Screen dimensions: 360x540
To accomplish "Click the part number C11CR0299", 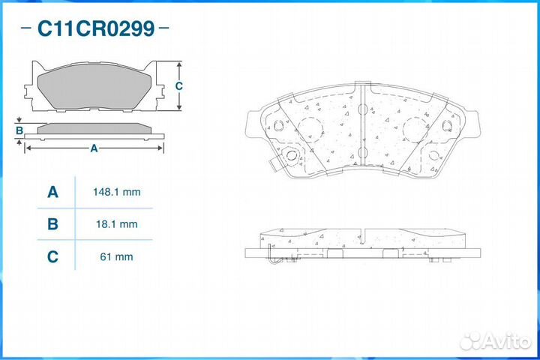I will (x=96, y=29).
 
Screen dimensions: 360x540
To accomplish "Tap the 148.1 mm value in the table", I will (x=115, y=192).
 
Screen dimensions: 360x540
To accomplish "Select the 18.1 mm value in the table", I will (x=115, y=223).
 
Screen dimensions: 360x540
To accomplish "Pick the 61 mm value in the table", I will (x=115, y=256).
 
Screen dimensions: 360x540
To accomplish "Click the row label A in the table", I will (x=52, y=192).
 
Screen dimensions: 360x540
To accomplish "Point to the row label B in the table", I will (x=52, y=223).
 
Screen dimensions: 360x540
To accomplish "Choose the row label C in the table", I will (x=52, y=256).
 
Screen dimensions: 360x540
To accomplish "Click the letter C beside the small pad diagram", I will (x=178, y=86).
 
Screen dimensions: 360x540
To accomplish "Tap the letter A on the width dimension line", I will (x=94, y=148).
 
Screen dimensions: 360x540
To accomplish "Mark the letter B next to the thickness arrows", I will (x=19, y=131).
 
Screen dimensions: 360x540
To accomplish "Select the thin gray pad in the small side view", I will (x=94, y=127).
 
